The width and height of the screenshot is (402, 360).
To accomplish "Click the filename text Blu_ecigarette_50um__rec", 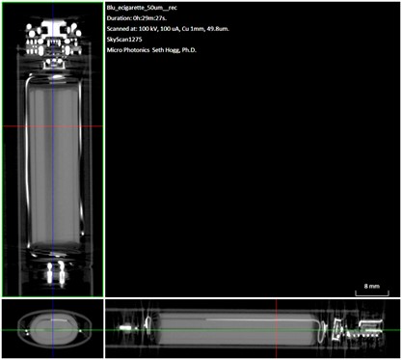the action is coord(142,8).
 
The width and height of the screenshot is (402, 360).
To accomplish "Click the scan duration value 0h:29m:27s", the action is coord(149,18).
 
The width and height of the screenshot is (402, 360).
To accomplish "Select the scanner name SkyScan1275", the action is coord(124,40).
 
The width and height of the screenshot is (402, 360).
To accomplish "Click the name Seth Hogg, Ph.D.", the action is coord(174,50).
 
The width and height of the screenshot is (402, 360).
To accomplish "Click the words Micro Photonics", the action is coord(128,50).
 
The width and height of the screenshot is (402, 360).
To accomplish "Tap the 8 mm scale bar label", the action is coord(372,286).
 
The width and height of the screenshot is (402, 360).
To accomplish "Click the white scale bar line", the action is coord(372,294).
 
